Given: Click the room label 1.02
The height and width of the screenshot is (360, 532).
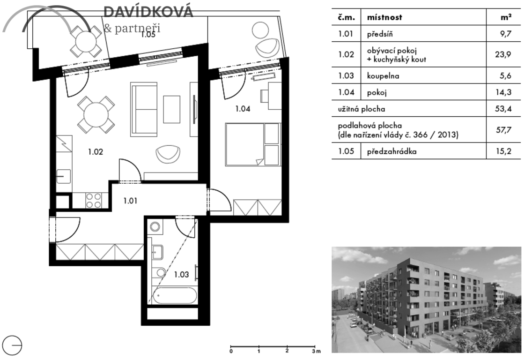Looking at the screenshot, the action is pyautogui.click(x=96, y=152).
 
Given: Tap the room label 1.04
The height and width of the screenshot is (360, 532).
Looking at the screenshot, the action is pyautogui.click(x=243, y=109).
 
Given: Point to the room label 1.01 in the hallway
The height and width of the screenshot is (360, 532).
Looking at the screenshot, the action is pyautogui.click(x=130, y=201).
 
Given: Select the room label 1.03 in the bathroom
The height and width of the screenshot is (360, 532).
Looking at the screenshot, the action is pyautogui.click(x=181, y=274).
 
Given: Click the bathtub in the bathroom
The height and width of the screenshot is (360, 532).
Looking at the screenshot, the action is pyautogui.click(x=174, y=295).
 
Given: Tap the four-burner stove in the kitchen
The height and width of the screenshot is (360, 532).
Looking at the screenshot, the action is pyautogui.click(x=93, y=200).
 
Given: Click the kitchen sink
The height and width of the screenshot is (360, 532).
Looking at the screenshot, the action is pyautogui.click(x=64, y=176).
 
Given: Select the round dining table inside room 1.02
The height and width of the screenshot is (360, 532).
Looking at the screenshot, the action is pyautogui.click(x=96, y=115).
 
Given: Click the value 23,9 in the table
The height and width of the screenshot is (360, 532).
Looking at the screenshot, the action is pyautogui.click(x=503, y=54).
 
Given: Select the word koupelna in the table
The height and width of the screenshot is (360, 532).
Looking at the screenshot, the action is pyautogui.click(x=383, y=76).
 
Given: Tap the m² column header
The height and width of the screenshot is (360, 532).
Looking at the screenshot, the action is pyautogui.click(x=506, y=17).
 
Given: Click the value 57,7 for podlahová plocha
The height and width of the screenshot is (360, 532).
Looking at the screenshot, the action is pyautogui.click(x=503, y=130).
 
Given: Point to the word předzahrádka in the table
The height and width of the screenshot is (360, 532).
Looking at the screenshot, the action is pyautogui.click(x=392, y=151).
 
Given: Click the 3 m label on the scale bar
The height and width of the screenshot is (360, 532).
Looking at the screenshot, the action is pyautogui.click(x=316, y=351).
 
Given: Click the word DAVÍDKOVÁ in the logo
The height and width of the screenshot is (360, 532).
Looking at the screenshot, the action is pyautogui.click(x=148, y=12).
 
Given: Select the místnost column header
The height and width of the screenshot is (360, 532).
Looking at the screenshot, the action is pyautogui.click(x=384, y=17).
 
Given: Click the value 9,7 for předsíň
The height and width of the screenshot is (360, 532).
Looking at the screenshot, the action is pyautogui.click(x=505, y=34).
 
